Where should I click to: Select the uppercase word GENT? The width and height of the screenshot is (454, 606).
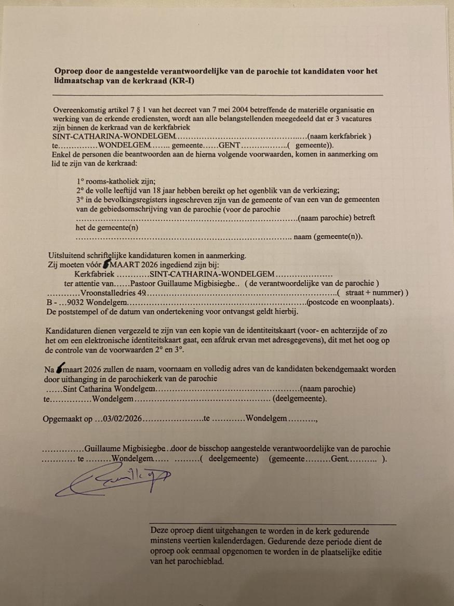229,146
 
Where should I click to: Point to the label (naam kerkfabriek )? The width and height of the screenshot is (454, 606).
341,137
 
